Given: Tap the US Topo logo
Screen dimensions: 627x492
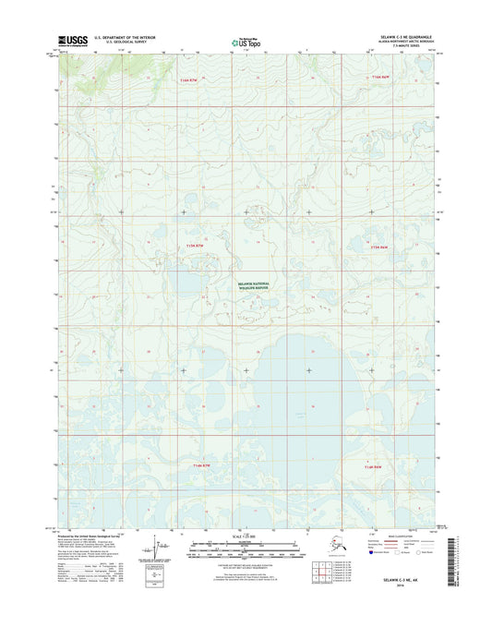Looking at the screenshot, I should [x=245, y=41].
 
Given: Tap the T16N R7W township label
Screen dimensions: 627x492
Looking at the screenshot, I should [x=188, y=80].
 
